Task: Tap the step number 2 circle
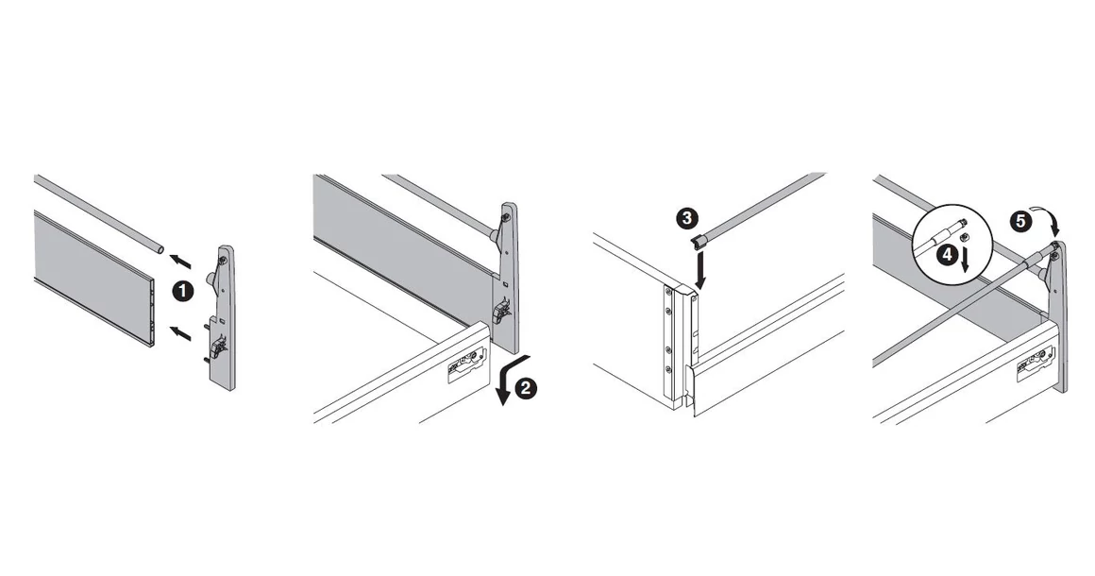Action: click(527, 388)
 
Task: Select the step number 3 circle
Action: click(687, 218)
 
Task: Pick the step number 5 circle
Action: click(1019, 223)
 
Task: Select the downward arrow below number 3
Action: click(700, 272)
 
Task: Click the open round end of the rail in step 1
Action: click(160, 249)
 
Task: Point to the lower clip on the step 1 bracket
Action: click(218, 348)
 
